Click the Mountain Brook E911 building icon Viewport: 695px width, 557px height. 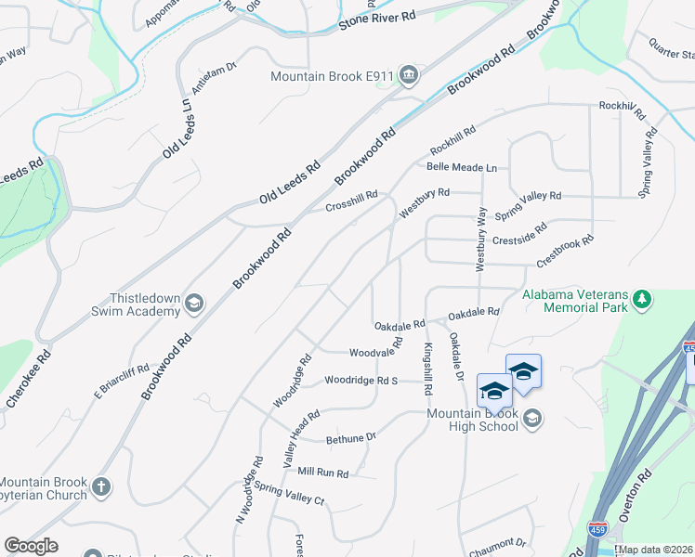(x=408, y=75)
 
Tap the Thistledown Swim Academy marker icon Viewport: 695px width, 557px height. (x=194, y=303)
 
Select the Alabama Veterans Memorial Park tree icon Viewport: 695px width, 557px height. (x=641, y=299)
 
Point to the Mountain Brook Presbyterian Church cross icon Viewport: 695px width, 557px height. (x=101, y=486)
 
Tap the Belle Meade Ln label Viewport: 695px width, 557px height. (x=462, y=167)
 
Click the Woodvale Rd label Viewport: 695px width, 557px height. (x=375, y=350)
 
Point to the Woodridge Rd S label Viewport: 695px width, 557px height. (x=361, y=381)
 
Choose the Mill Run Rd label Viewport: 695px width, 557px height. (x=322, y=472)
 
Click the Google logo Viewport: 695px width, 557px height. (x=31, y=546)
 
